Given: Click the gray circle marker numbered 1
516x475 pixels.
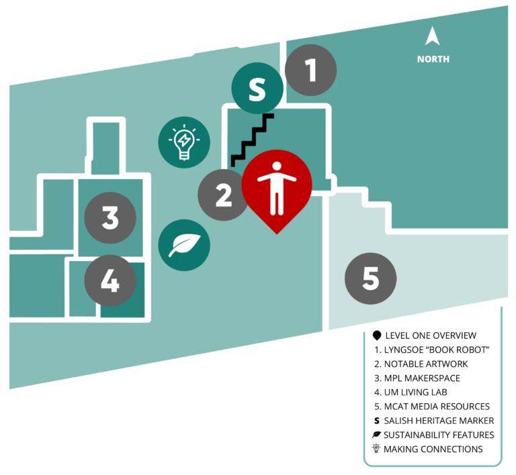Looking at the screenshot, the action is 310,70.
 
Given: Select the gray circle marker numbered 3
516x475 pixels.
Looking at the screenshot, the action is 110,218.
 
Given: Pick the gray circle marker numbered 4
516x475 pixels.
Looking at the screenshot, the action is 110,280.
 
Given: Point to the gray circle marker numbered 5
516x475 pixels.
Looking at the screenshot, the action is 371,278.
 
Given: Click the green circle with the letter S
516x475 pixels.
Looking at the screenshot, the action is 257,89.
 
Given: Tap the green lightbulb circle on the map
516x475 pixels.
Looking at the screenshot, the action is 184,142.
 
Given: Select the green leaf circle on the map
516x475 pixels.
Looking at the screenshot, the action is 184,245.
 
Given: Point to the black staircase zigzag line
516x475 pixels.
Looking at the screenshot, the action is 253,141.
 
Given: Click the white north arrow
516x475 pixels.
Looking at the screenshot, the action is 432,37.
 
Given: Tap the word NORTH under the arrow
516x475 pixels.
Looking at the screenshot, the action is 433,59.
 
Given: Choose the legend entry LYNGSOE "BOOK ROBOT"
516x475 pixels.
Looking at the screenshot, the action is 432,350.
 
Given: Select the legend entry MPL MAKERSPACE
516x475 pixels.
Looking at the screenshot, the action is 417,378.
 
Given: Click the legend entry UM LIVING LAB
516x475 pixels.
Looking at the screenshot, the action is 411,392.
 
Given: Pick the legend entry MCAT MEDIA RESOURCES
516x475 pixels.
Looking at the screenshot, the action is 432,407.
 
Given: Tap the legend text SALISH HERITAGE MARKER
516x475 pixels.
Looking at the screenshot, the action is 439,421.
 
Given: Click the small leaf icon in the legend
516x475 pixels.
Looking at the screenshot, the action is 376,435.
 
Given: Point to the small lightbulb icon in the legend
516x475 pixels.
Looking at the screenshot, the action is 376,448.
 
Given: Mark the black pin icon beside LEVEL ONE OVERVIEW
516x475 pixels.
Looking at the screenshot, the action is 377,335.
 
